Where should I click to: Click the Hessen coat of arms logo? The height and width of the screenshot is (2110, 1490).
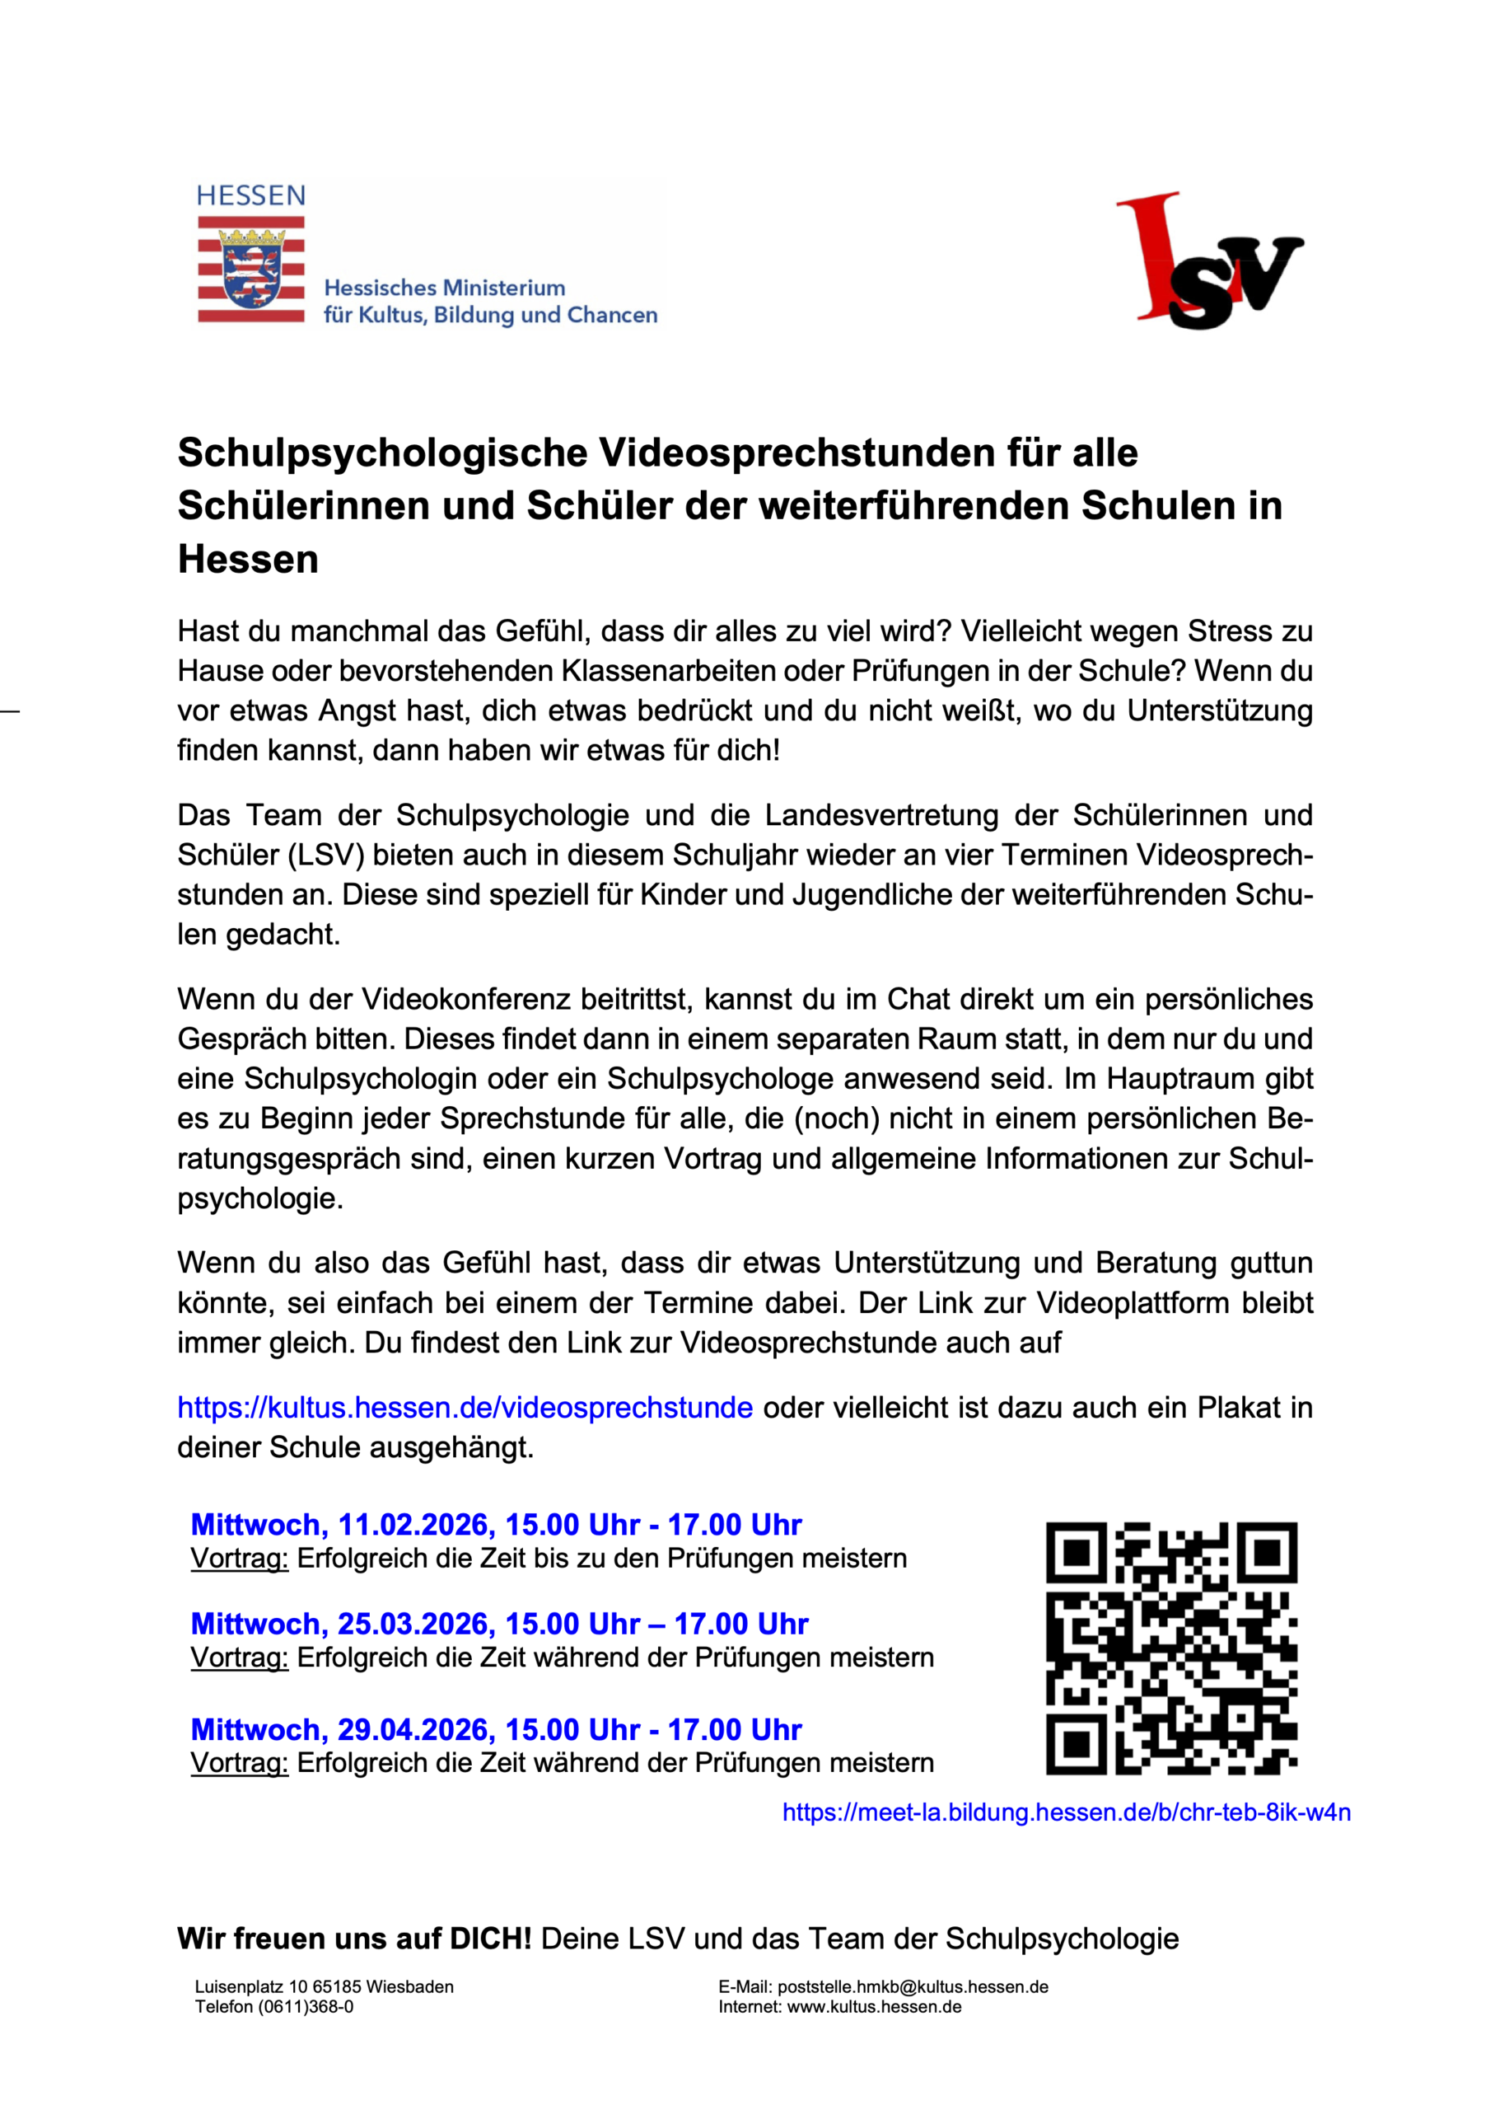(x=250, y=269)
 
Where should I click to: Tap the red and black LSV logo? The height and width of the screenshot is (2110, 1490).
(x=1210, y=260)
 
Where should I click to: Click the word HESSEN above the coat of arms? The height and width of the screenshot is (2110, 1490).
(x=250, y=195)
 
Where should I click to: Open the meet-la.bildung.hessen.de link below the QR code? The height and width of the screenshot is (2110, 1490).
(x=1067, y=1812)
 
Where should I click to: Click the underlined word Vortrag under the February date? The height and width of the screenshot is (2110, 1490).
(x=240, y=1559)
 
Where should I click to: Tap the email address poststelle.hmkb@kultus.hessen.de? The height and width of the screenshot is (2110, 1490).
(x=913, y=1987)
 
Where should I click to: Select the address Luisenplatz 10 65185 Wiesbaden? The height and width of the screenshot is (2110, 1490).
(x=325, y=1987)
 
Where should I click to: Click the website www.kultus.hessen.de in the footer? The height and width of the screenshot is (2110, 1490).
(x=875, y=2006)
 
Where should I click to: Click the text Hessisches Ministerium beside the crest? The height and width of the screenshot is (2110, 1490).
(x=445, y=288)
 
